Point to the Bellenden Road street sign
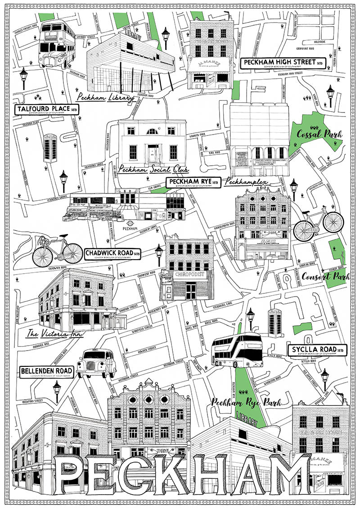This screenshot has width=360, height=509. (46, 372)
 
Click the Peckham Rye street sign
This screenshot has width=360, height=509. (194, 182)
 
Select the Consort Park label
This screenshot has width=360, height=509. (319, 276)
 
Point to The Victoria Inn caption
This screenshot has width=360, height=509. (50, 334)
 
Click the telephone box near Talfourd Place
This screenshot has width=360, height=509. (50, 148)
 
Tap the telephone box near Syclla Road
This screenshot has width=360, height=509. (275, 322)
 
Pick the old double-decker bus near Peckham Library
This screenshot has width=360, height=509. (57, 45)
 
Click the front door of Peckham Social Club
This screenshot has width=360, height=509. (153, 152)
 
